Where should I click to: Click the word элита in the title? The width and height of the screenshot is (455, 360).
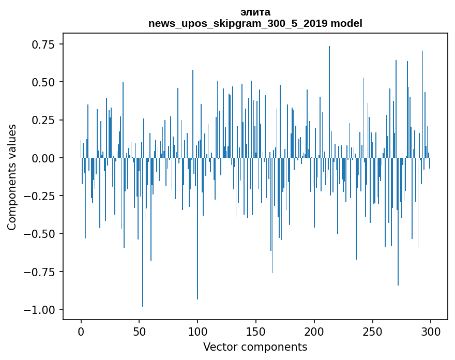pyautogui.click(x=255, y=12)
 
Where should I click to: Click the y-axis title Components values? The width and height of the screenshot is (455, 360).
pyautogui.click(x=12, y=177)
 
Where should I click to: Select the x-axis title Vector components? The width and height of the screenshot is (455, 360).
pyautogui.click(x=255, y=347)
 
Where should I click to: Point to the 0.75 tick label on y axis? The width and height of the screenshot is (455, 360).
pyautogui.click(x=43, y=44)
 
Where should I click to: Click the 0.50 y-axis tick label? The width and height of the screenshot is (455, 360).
pyautogui.click(x=43, y=82)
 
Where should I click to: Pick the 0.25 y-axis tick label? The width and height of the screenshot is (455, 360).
pyautogui.click(x=43, y=120)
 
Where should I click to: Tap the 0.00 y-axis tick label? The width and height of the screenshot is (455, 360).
pyautogui.click(x=43, y=158)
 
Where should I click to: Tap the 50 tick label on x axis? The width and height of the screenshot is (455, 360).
pyautogui.click(x=139, y=332)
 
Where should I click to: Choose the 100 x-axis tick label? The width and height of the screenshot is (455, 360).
pyautogui.click(x=198, y=332)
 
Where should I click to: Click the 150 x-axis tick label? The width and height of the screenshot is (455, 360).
pyautogui.click(x=255, y=332)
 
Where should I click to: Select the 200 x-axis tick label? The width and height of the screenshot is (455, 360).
pyautogui.click(x=314, y=332)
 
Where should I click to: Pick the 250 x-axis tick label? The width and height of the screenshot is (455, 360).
pyautogui.click(x=372, y=332)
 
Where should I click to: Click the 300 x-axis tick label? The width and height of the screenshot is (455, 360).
pyautogui.click(x=430, y=332)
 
